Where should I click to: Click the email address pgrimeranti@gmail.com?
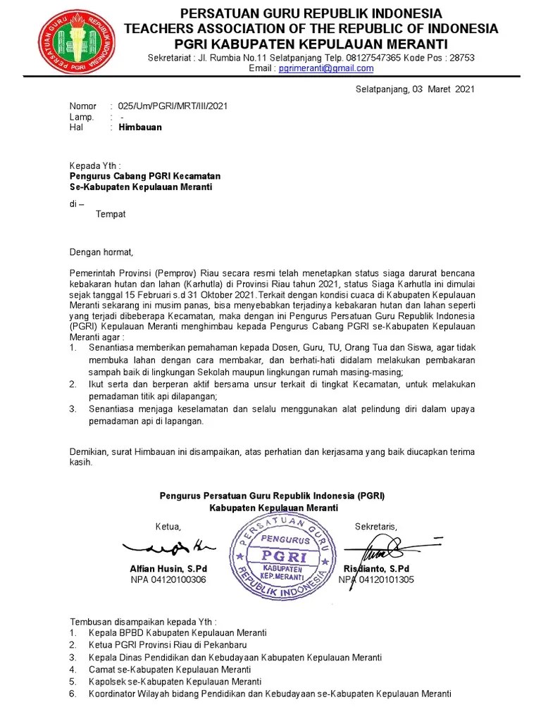tap(326, 68)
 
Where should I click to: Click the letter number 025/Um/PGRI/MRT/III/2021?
tap(173, 106)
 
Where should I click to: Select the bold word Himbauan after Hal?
tap(139, 127)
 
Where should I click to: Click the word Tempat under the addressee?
tap(111, 214)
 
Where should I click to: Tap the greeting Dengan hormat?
tap(101, 251)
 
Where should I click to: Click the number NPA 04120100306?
tap(168, 579)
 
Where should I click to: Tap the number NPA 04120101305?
tap(377, 579)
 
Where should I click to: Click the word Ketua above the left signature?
tap(168, 527)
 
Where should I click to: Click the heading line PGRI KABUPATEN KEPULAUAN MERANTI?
tap(311, 44)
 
